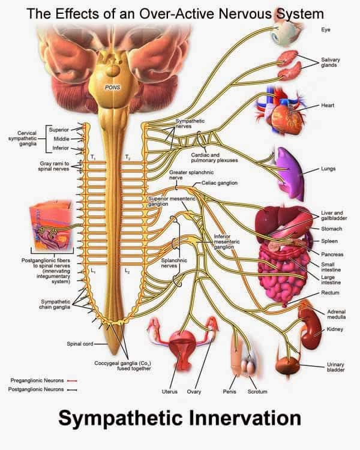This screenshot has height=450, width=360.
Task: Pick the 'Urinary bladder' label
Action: pos(335,367)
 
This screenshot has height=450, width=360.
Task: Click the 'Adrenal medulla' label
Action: pos(337,315)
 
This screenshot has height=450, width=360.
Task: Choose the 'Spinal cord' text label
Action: pos(80,344)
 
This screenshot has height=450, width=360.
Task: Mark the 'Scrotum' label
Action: pos(257,391)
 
